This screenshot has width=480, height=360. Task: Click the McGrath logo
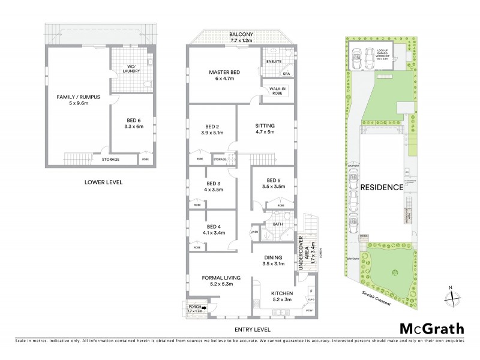[432, 328]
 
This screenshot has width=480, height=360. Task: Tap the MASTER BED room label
[224, 73]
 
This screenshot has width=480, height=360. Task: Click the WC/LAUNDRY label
[130, 68]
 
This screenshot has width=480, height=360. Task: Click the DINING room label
[273, 259]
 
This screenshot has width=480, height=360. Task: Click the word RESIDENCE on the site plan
[381, 187]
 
